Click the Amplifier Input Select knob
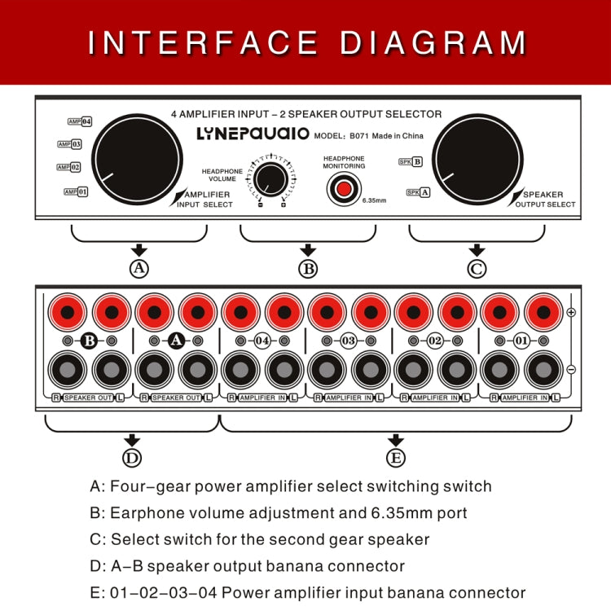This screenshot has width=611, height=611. coord(138,157)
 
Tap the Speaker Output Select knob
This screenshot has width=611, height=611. coord(477,157)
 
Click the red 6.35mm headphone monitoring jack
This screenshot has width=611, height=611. coord(344,189)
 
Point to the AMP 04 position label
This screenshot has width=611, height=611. coord(80,121)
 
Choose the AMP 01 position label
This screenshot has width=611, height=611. coord(76,191)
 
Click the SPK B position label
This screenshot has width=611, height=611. coord(411,161)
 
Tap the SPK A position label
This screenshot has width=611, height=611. coord(419,192)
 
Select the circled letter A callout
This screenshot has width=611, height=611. coord(139,267)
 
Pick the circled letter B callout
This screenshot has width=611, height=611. coord(308,267)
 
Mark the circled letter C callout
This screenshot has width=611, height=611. coord(477,267)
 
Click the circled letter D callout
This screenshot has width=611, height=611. coord(132,458)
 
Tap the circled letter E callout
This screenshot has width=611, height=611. coord(396,458)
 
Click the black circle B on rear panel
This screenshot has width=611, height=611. coord(89,341)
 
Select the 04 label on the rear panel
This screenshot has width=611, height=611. coord(262,341)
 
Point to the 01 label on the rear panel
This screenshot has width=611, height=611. coord(522,341)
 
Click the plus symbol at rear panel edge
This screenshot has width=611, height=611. coord(571,313)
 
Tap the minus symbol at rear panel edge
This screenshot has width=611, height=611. coord(571,369)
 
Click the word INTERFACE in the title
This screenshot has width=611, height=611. coord(203,42)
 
